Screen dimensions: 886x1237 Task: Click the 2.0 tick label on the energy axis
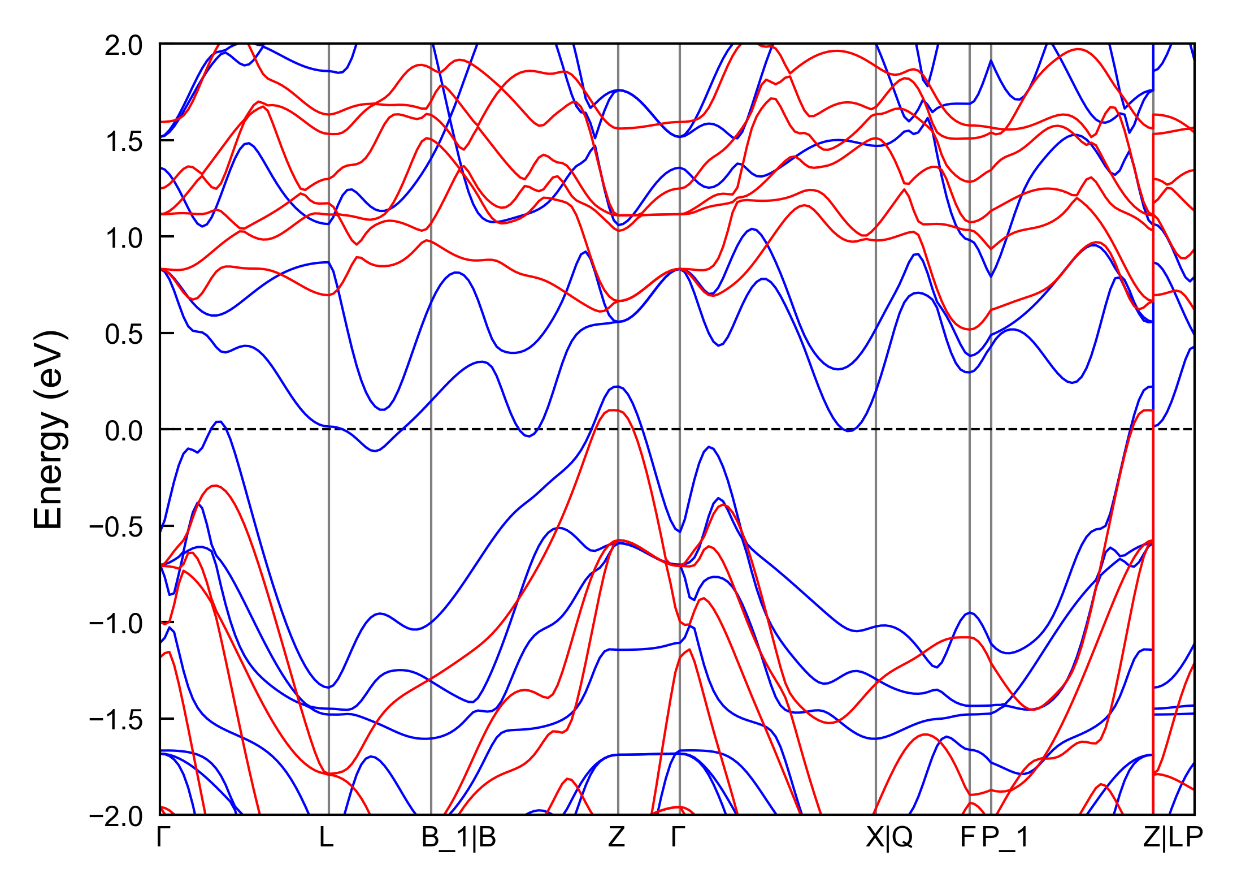tap(123, 45)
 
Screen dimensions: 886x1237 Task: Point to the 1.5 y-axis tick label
tap(123, 141)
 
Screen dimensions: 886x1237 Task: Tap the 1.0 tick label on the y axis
tap(123, 238)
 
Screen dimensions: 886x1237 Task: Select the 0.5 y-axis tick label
tap(123, 334)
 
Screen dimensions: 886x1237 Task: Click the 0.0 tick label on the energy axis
tap(123, 431)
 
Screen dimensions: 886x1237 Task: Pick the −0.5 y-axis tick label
tap(115, 527)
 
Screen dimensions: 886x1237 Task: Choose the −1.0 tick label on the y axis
tap(115, 624)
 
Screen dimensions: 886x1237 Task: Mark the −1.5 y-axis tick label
tap(115, 720)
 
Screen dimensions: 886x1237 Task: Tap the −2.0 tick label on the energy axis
tap(115, 816)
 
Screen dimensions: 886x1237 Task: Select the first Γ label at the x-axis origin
tap(163, 837)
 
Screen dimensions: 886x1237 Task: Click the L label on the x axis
tap(327, 837)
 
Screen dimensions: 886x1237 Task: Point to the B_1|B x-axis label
tap(458, 837)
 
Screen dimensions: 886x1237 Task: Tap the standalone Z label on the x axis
tap(617, 837)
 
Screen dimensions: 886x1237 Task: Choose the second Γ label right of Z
tap(678, 837)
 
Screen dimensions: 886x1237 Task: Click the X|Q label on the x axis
tap(889, 837)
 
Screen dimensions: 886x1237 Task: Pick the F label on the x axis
tap(967, 837)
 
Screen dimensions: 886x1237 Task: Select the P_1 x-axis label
tap(1005, 837)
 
